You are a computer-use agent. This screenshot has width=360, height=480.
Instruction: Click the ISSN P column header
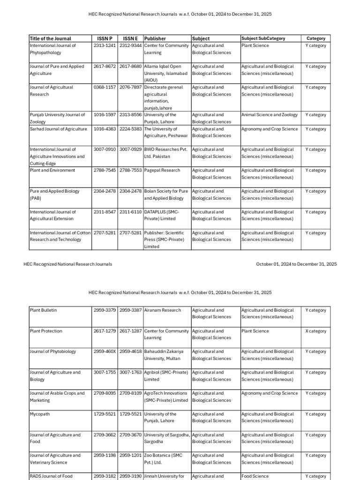(x=105, y=38)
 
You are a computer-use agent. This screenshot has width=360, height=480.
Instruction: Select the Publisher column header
(x=155, y=38)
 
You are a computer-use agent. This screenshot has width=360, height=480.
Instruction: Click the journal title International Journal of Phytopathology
(x=52, y=49)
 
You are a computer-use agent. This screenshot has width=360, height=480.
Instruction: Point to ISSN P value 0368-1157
(x=105, y=87)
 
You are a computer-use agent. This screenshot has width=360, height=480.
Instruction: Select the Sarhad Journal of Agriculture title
(x=58, y=129)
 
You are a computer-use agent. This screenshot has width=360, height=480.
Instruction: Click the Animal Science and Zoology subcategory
(x=270, y=115)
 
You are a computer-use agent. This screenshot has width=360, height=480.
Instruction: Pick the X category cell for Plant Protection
(x=315, y=331)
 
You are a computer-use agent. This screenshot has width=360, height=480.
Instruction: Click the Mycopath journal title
(x=40, y=414)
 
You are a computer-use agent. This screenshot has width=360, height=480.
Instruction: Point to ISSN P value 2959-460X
(x=105, y=352)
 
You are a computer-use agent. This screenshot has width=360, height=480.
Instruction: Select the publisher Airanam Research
(x=162, y=310)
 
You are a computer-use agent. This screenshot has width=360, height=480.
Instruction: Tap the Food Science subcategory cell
(x=255, y=476)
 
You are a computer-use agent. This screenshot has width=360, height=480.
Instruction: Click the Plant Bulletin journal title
(x=43, y=310)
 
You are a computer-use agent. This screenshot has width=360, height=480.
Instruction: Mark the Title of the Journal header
(x=51, y=38)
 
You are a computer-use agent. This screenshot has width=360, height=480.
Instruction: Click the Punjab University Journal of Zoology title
(x=57, y=118)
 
